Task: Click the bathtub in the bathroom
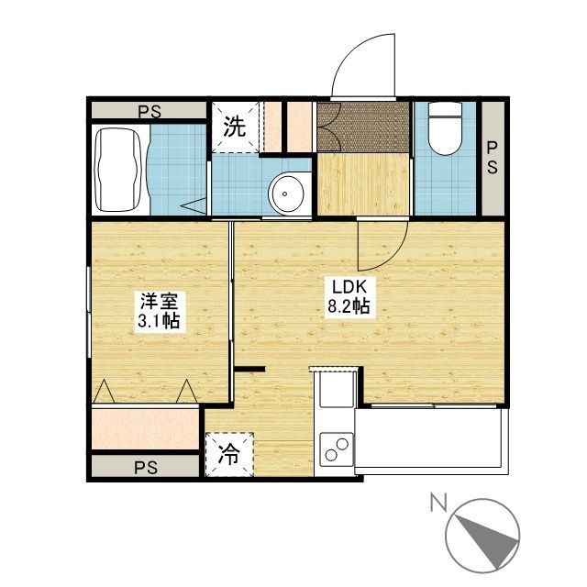tap(118, 170)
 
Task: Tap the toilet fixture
tap(445, 128)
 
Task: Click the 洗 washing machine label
tap(235, 127)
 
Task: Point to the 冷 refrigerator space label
tap(229, 455)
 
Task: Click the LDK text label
tap(349, 287)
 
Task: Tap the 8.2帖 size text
tap(349, 307)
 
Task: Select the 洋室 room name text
tap(159, 302)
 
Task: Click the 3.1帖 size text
tap(159, 321)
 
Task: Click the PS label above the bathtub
tap(150, 111)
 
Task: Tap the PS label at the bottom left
tap(146, 468)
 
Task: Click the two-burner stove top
tap(337, 449)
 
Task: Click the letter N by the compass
tap(438, 503)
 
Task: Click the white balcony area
tap(429, 437)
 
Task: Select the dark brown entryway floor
tap(363, 127)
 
